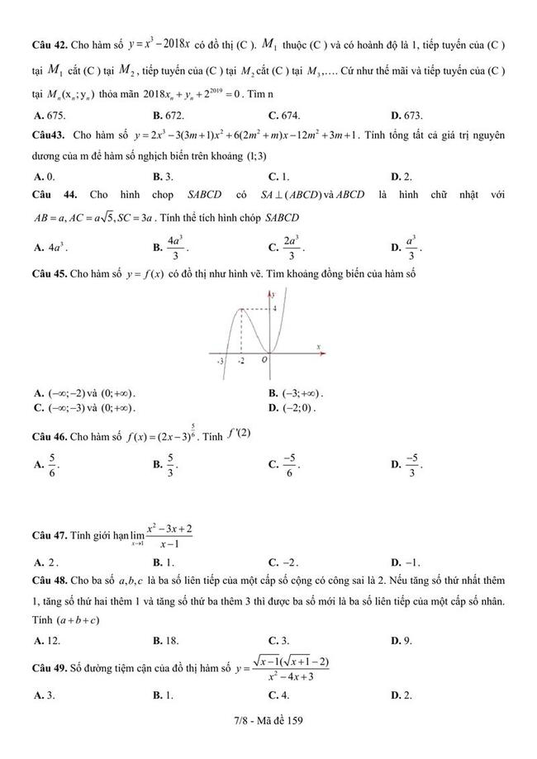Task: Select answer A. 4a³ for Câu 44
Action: (x=50, y=247)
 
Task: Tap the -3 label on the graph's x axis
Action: (x=221, y=361)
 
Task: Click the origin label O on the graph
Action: (x=264, y=360)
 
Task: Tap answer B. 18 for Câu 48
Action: (x=165, y=640)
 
